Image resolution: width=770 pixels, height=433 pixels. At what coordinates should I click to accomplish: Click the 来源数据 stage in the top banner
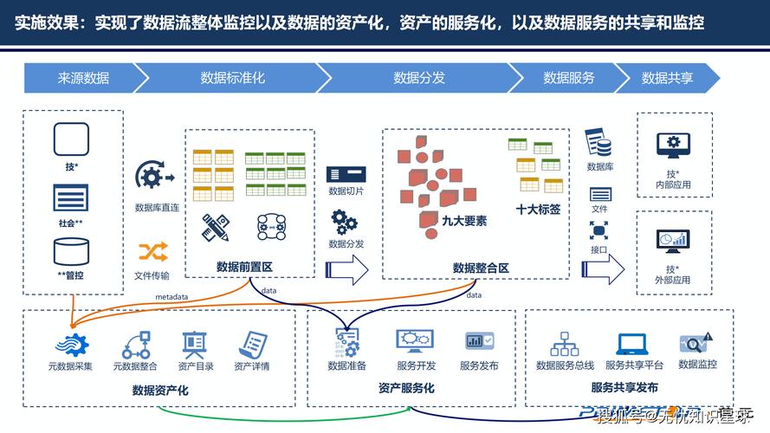point(83,78)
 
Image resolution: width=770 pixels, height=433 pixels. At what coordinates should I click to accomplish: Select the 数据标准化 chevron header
point(232,78)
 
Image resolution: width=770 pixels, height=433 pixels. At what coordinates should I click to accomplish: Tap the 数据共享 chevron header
point(667,78)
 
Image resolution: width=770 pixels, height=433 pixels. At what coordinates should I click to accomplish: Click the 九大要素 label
point(463,221)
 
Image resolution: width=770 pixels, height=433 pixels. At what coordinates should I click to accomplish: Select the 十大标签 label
point(538,209)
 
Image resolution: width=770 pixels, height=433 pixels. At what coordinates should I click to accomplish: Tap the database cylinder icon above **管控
point(71,252)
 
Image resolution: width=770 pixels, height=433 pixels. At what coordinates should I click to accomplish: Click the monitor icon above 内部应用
point(673,145)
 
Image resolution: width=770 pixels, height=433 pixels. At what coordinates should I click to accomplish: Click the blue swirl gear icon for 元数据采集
point(70,345)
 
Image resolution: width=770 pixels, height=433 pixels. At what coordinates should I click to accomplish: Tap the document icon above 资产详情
point(252,344)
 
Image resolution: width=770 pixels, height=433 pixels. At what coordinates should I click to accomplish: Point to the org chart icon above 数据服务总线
point(565,344)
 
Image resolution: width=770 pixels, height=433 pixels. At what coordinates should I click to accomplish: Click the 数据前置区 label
point(244,267)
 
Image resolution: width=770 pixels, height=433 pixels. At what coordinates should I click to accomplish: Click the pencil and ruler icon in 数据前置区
point(215,227)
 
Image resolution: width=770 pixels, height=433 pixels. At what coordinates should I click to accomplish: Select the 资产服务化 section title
point(406,388)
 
